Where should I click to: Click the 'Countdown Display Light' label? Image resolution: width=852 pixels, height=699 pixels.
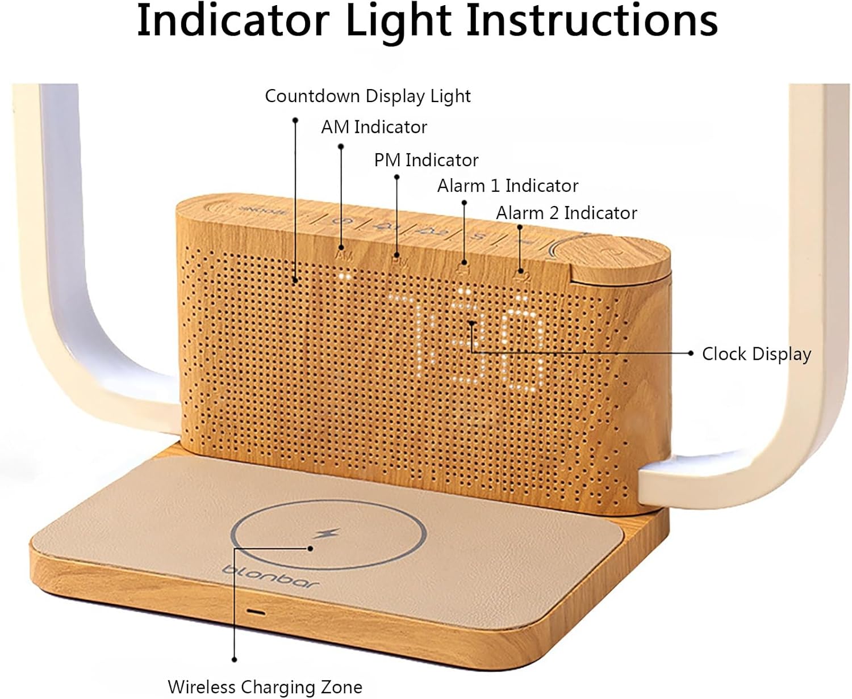tap(367, 96)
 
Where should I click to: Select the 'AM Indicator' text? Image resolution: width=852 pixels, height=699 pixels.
tap(374, 127)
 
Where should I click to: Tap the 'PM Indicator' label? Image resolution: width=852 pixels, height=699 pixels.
tap(426, 160)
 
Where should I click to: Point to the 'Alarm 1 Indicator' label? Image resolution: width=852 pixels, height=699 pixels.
tap(507, 186)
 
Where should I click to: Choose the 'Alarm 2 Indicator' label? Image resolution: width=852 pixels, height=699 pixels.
tap(566, 213)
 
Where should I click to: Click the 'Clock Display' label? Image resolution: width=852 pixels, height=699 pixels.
tap(756, 354)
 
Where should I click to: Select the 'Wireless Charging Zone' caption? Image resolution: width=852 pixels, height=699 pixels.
tap(265, 687)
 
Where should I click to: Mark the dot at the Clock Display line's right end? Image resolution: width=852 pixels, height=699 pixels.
tap(690, 353)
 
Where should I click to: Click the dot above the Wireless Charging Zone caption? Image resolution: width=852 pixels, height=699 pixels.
tap(234, 659)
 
